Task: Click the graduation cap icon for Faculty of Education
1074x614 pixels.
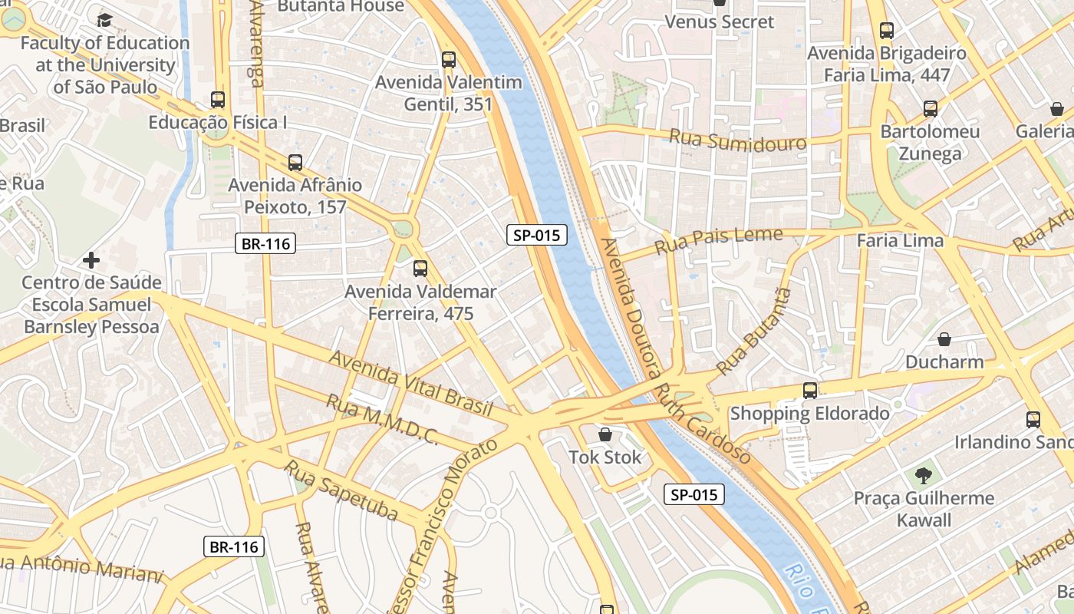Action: click(x=104, y=20)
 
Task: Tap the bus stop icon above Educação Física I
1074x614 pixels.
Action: click(x=218, y=100)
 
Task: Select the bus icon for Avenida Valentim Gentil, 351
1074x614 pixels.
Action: click(x=449, y=60)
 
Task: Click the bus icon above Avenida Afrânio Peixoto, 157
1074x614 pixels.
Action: click(x=295, y=163)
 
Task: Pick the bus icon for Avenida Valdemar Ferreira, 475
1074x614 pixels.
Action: click(x=420, y=269)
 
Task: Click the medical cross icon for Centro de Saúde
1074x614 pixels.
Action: click(x=91, y=260)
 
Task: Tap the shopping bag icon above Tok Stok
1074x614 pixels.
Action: click(x=605, y=435)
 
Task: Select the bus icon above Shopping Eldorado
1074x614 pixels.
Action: click(x=810, y=391)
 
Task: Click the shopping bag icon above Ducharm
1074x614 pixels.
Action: click(x=944, y=338)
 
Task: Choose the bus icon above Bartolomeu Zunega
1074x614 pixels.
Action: click(x=931, y=109)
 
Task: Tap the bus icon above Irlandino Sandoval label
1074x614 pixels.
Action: click(x=1033, y=420)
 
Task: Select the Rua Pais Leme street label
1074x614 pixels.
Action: click(x=718, y=241)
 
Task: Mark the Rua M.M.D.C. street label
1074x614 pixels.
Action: click(x=381, y=420)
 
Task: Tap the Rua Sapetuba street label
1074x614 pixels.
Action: click(x=341, y=490)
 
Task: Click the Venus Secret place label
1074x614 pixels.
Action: click(x=720, y=22)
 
